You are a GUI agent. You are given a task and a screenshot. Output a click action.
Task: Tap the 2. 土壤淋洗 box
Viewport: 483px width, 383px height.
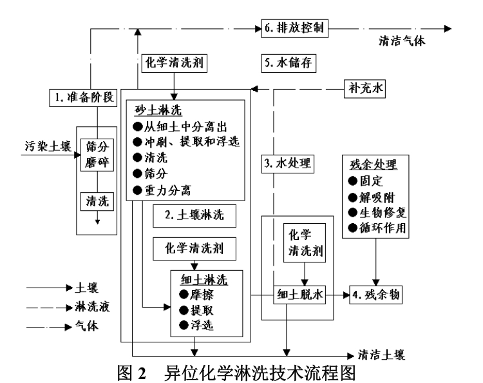(x=194, y=216)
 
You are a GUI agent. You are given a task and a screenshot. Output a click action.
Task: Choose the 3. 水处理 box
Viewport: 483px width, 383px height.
(x=288, y=164)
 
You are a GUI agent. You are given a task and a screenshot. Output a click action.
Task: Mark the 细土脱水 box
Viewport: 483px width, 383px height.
(x=301, y=295)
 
